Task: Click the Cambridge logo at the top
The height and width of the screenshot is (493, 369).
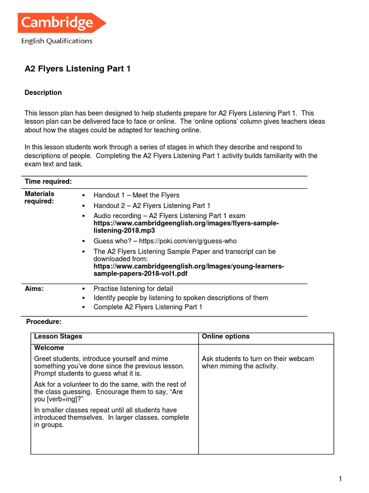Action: pos(61,23)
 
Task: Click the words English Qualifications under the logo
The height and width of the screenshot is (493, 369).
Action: pos(57,41)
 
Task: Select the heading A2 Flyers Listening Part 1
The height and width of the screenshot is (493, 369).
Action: pos(77,69)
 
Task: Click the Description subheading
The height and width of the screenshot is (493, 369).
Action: pos(43,92)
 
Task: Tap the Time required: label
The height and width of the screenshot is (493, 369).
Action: pos(48,182)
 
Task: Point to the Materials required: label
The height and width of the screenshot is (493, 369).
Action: pos(39,198)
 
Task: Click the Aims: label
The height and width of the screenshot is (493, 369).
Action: pos(34,288)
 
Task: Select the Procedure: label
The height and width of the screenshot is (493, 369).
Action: pos(44,322)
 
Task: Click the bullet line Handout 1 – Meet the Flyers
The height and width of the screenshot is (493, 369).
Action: pos(136,195)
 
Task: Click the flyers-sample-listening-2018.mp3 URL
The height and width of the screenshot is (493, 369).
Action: pos(186,227)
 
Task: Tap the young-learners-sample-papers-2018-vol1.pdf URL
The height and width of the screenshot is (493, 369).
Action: pos(188,270)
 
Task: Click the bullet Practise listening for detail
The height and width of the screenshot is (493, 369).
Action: pos(133,289)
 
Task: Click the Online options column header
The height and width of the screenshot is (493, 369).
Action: pos(226,337)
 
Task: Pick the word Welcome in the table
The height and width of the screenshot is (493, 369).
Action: pos(49,348)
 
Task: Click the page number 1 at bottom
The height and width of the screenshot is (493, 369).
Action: pos(340,479)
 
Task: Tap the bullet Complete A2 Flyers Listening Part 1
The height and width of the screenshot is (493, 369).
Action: pos(148,307)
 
